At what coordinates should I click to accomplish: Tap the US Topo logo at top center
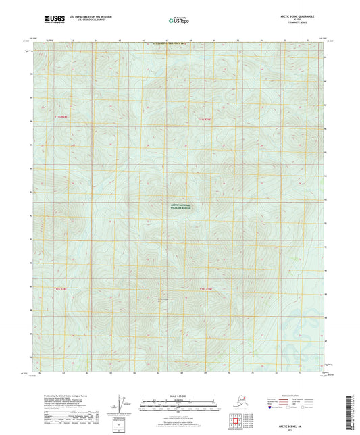(180, 21)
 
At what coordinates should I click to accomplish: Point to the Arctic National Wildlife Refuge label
(180, 206)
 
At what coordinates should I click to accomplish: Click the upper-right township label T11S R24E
(204, 120)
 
